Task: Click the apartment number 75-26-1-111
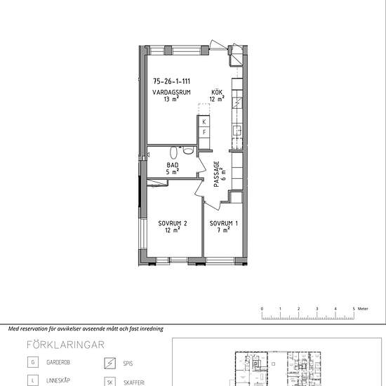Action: pyautogui.click(x=171, y=81)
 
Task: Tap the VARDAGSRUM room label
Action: pyautogui.click(x=171, y=93)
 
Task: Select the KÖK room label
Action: pyautogui.click(x=217, y=93)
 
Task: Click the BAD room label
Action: pyautogui.click(x=173, y=165)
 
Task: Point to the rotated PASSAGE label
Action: pyautogui.click(x=217, y=174)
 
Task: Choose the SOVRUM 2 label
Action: pyautogui.click(x=173, y=223)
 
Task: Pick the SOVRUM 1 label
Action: pyautogui.click(x=223, y=223)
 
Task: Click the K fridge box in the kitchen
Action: pyautogui.click(x=204, y=121)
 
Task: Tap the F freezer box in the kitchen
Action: pyautogui.click(x=204, y=133)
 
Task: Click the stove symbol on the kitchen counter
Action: pyautogui.click(x=237, y=102)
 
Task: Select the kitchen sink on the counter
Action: pyautogui.click(x=237, y=131)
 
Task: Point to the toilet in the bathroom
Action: pyautogui.click(x=188, y=150)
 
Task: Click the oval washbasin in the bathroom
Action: pyautogui.click(x=173, y=152)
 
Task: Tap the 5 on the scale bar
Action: pyautogui.click(x=354, y=309)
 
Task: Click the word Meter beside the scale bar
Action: pyautogui.click(x=363, y=309)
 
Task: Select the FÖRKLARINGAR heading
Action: pyautogui.click(x=65, y=345)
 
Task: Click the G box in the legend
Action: pyautogui.click(x=33, y=362)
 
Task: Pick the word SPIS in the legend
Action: pyautogui.click(x=128, y=364)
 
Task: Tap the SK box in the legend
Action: pyautogui.click(x=109, y=382)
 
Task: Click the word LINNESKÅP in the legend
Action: pyautogui.click(x=58, y=380)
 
